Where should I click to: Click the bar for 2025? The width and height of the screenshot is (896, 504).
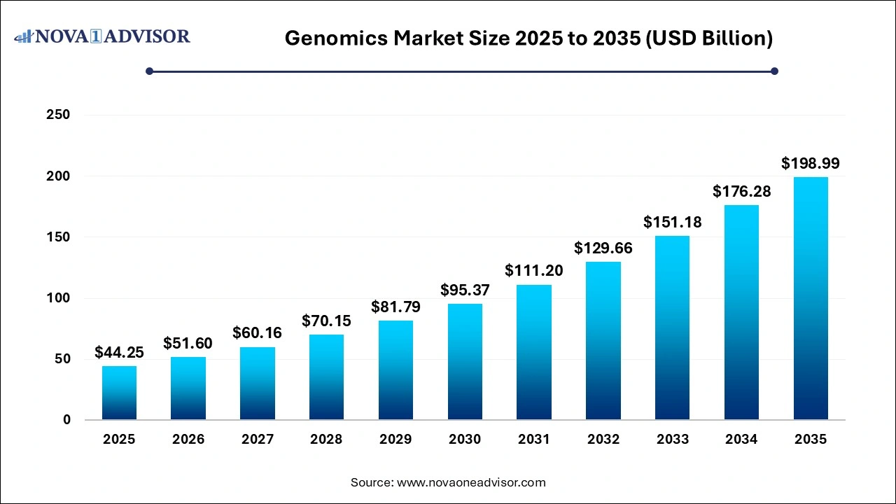(119, 393)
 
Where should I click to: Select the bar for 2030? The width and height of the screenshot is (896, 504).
(465, 361)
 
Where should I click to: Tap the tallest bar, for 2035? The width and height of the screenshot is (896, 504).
(811, 298)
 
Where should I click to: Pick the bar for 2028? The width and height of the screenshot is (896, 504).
(326, 377)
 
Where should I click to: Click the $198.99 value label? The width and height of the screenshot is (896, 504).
(811, 164)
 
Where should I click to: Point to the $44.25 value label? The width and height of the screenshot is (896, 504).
(119, 352)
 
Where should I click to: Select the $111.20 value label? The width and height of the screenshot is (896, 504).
(534, 271)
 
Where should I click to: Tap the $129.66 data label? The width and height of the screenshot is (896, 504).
(603, 248)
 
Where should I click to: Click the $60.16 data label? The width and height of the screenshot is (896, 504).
(258, 333)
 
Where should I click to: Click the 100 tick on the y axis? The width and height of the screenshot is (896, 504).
(60, 298)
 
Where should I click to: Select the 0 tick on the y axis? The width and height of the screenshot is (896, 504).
(66, 420)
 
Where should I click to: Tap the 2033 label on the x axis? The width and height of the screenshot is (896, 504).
(673, 440)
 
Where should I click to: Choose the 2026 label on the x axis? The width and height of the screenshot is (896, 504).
(188, 440)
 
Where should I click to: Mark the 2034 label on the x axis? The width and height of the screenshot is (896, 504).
(741, 440)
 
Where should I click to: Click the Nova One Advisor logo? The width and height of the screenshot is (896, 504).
(102, 36)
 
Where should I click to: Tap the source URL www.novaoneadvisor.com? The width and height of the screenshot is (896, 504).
(470, 482)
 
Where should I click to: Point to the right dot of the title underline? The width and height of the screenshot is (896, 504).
(774, 71)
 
